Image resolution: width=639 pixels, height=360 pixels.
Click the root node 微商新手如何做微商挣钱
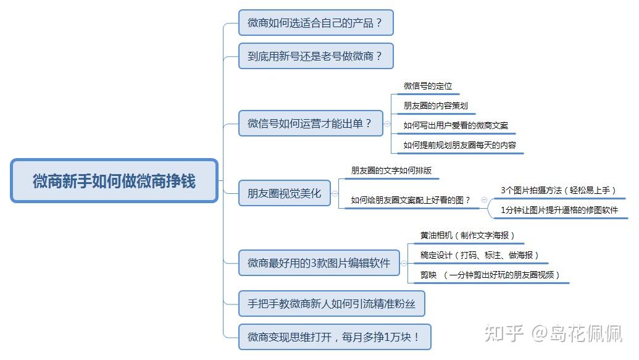coord(114,181)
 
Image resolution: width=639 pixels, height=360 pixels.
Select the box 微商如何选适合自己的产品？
coord(315,23)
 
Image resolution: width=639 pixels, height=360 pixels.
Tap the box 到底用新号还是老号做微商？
coord(315,56)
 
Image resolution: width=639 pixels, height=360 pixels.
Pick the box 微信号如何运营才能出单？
coord(311,123)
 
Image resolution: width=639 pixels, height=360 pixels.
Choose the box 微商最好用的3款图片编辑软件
coord(319,263)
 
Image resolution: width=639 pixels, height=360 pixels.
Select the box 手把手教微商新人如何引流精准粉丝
coord(332,304)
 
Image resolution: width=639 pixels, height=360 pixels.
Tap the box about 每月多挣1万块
coord(334,337)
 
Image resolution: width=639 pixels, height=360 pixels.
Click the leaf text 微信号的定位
coord(428,86)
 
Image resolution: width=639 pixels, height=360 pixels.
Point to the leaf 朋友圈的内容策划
coord(436,106)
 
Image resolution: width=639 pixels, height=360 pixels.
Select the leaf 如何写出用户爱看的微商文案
coord(456,125)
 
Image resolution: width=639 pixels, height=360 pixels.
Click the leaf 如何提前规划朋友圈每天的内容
coord(459,145)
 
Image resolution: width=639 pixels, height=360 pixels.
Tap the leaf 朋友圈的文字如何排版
coord(391,170)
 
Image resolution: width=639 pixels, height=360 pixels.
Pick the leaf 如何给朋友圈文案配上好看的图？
coord(411,199)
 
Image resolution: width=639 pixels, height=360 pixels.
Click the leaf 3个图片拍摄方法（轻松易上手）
coord(558,190)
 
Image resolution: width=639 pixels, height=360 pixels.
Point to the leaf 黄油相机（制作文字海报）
coord(467,235)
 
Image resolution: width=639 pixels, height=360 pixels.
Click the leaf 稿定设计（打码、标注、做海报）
coord(480,255)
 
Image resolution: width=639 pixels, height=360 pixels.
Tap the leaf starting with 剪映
coord(490,275)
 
